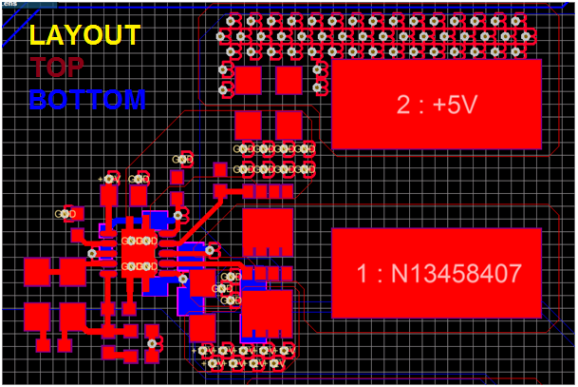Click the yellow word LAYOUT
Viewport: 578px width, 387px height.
84,35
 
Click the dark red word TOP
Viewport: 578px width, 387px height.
56,68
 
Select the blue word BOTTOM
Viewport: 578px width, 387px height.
87,99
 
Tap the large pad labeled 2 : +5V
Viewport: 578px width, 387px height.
436,105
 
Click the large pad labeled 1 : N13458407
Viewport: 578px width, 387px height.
436,273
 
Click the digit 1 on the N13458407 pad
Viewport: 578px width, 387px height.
363,275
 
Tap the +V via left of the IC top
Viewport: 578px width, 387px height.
109,179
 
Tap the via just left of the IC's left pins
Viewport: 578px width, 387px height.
92,254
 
